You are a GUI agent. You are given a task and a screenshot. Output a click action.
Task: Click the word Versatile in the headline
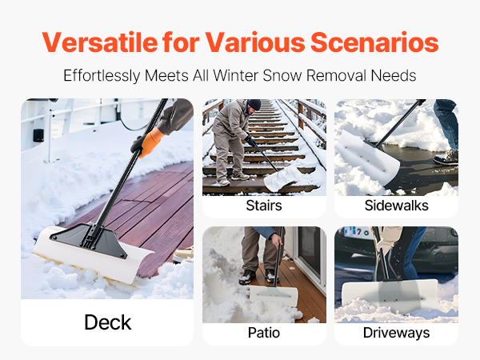click(100, 42)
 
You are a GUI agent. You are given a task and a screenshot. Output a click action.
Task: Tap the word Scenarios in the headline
click(374, 42)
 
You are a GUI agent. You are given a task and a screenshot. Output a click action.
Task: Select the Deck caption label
click(108, 322)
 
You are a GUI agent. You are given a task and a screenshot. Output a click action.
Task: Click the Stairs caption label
click(264, 206)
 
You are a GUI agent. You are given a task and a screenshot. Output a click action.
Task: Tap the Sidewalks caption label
click(397, 206)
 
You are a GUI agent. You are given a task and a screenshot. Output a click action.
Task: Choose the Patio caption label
click(264, 333)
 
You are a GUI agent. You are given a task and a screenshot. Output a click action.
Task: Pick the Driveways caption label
click(397, 333)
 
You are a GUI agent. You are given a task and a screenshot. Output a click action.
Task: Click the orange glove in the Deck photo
click(151, 142)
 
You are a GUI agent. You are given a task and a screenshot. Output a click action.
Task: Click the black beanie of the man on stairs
click(254, 104)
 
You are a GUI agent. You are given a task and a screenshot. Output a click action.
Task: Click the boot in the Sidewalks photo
click(446, 158)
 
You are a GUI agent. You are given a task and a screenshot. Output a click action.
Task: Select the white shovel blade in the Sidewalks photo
click(367, 158)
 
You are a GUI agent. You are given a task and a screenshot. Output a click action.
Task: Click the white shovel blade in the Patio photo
click(274, 295)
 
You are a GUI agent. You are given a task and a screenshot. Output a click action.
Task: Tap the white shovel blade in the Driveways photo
click(390, 295)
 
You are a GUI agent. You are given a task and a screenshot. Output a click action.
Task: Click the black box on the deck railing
click(38, 135)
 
